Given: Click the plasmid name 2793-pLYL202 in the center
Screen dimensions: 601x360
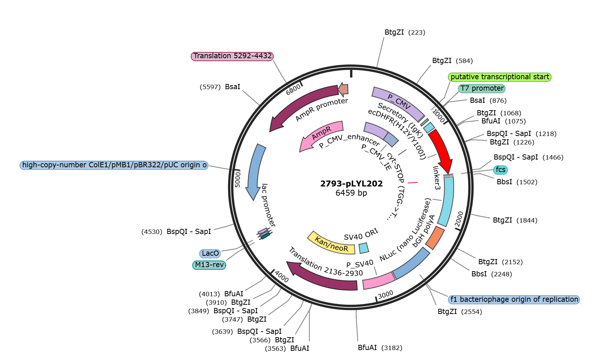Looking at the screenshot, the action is click(352, 184).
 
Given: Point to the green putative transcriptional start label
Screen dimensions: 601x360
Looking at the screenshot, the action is click(500, 77).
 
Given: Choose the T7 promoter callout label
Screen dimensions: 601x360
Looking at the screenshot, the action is click(482, 88).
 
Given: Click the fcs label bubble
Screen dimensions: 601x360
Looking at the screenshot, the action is click(500, 170).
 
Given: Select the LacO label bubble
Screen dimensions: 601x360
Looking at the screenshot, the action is click(210, 253).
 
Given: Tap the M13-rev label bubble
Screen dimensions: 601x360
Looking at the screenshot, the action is click(209, 265).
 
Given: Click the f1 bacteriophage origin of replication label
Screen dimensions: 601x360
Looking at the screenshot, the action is click(514, 299).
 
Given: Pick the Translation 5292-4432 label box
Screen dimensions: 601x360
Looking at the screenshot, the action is click(233, 56).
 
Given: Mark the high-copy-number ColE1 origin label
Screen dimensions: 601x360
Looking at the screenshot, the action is click(114, 165).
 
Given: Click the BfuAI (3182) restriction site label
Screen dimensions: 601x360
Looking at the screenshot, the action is click(380, 348).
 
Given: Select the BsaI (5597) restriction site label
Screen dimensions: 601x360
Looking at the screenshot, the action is click(220, 87).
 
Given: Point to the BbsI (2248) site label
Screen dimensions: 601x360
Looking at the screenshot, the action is click(492, 274).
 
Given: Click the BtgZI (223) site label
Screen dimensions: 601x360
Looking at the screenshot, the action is click(405, 32).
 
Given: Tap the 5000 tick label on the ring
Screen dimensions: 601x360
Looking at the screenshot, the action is click(238, 180).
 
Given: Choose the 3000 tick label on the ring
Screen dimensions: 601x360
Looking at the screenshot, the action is click(385, 294).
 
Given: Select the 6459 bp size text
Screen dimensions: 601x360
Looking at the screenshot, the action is click(351, 193).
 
